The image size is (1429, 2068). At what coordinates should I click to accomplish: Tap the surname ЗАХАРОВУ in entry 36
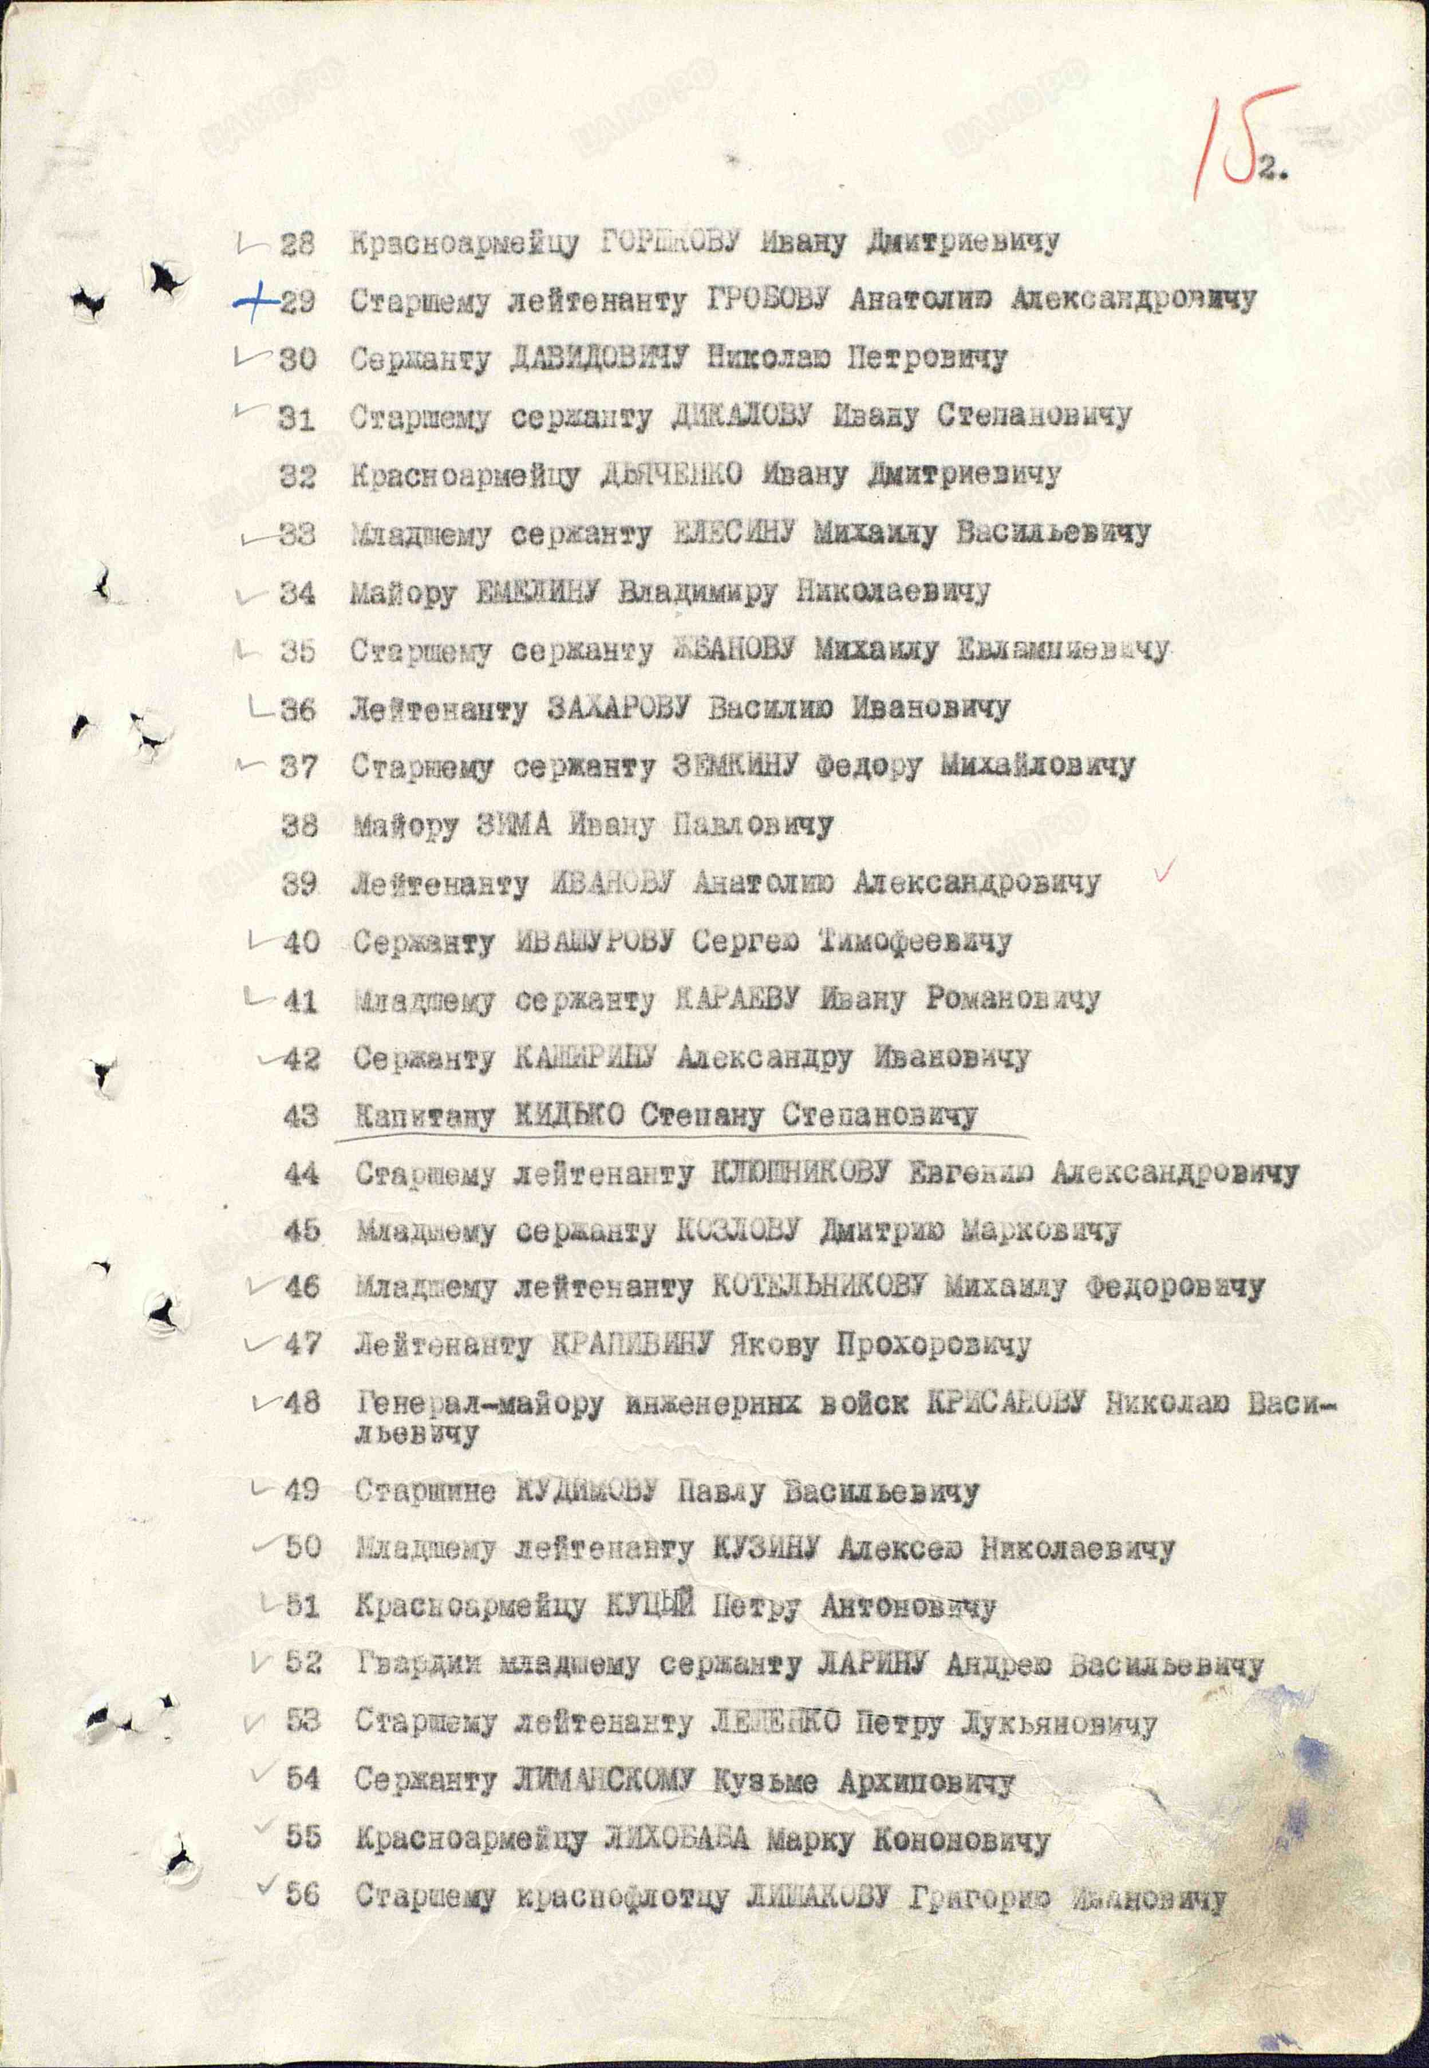point(617,709)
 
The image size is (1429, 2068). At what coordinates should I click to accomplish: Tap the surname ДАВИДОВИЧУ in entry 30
point(598,359)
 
